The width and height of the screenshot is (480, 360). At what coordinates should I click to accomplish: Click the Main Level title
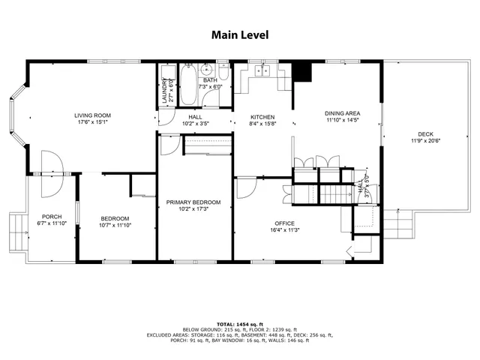239,34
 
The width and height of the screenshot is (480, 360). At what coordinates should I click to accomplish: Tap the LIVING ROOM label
93,115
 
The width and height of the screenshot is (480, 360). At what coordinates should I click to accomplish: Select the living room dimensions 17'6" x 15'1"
93,123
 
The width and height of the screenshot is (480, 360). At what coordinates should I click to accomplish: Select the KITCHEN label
262,117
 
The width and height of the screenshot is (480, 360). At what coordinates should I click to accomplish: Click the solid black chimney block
301,70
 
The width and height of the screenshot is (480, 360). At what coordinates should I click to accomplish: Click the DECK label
426,135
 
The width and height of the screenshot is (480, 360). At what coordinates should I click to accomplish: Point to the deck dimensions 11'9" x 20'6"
426,142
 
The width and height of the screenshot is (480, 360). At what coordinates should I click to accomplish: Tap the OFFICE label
283,223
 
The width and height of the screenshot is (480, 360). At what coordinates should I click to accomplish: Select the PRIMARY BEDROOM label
193,202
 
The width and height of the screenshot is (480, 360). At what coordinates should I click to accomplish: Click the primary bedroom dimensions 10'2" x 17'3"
193,210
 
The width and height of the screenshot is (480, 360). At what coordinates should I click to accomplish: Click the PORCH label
52,216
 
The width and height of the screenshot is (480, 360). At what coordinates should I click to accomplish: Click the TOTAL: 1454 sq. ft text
239,324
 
